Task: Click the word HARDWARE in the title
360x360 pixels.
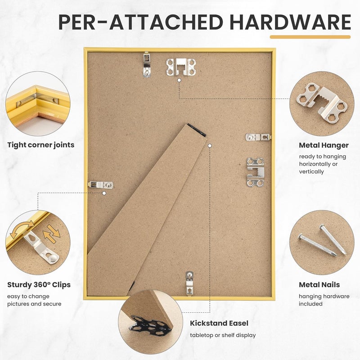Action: click(x=290, y=22)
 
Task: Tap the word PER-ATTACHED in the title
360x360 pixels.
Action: click(x=141, y=22)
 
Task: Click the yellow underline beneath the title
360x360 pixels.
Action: click(x=310, y=37)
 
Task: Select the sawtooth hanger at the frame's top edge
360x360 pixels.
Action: click(x=181, y=67)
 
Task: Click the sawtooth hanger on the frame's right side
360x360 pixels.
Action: click(x=255, y=172)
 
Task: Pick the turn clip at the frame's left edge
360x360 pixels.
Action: click(x=100, y=184)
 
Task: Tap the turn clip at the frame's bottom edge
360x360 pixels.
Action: click(x=189, y=283)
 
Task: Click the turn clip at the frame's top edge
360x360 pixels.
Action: click(x=147, y=64)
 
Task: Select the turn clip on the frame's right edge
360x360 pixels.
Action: click(x=258, y=137)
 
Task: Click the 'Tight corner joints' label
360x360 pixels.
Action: click(x=41, y=145)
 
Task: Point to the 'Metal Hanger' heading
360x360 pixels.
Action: click(x=324, y=145)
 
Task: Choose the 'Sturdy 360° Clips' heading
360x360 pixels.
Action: click(x=39, y=285)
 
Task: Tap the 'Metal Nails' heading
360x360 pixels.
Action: click(x=319, y=285)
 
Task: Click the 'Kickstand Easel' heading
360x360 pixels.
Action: click(x=219, y=323)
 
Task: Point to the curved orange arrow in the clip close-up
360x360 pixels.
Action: click(x=22, y=229)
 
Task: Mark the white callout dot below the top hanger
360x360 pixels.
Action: click(x=179, y=80)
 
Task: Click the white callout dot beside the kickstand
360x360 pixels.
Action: click(x=210, y=145)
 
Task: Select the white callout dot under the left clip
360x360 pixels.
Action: click(x=104, y=193)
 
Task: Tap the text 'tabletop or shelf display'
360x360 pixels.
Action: click(x=223, y=335)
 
